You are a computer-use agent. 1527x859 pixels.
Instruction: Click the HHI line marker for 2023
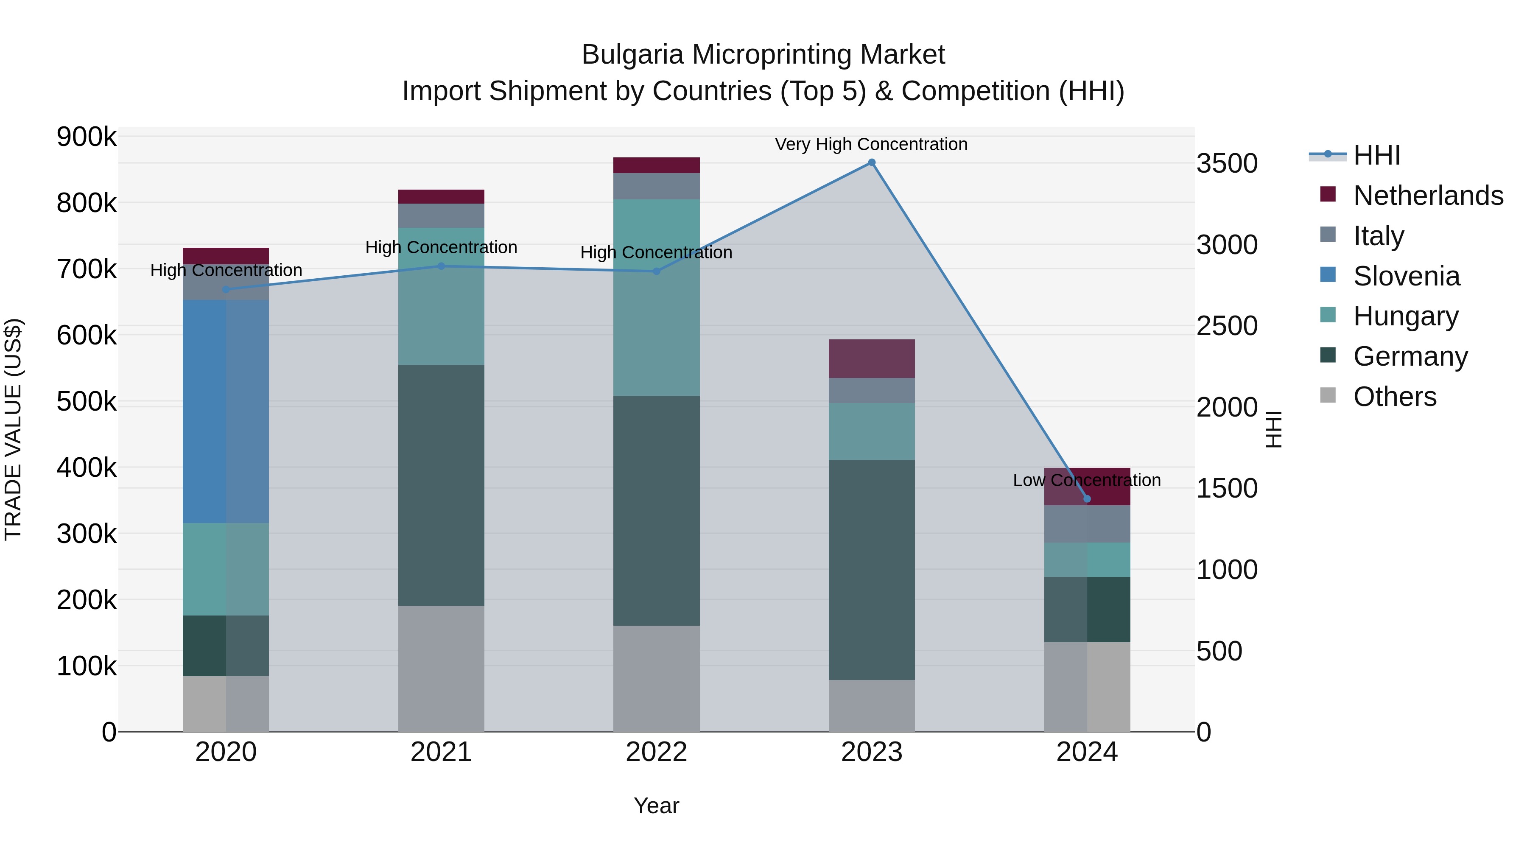871,162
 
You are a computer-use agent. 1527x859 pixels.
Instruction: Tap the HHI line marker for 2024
1087,498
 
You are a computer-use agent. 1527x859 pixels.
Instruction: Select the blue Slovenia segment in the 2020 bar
225,411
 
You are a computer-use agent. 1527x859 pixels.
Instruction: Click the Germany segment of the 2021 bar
441,485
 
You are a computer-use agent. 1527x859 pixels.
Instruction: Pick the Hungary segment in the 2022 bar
656,298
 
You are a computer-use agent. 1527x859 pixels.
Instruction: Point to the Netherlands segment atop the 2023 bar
871,358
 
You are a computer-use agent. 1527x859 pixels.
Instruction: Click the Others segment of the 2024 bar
1087,686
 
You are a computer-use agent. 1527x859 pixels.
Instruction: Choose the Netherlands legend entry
1427,196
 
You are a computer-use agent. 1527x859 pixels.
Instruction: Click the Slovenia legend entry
1406,276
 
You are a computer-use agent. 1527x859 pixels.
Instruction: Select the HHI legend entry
1376,155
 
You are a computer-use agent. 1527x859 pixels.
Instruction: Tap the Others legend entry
1394,397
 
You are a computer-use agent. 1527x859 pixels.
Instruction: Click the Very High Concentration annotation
871,144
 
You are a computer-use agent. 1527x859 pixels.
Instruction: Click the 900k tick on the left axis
87,137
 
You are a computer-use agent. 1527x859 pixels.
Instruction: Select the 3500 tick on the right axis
1226,164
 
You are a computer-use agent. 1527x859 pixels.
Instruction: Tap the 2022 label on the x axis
656,752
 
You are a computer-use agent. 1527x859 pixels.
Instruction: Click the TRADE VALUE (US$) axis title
13,429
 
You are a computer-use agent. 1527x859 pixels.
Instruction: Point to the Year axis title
656,806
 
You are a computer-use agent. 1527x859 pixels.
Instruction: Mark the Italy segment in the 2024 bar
1087,524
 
